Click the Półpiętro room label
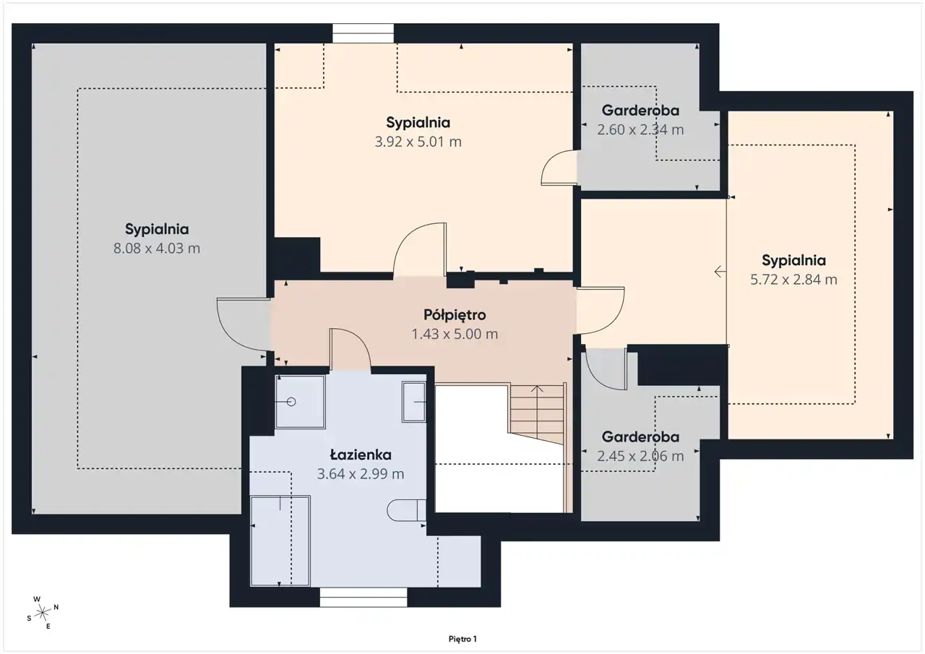[x=455, y=316]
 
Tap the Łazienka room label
[x=361, y=455]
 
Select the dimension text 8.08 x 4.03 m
[x=157, y=248]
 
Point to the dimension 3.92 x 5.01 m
[x=418, y=142]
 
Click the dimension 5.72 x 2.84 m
[x=793, y=280]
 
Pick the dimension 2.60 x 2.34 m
[x=640, y=129]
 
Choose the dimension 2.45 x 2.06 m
[x=640, y=456]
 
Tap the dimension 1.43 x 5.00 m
[x=455, y=334]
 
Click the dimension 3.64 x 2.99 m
[x=361, y=473]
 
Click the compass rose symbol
[x=42, y=613]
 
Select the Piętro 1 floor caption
[x=462, y=639]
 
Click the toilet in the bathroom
[x=406, y=510]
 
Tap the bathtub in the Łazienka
[x=280, y=541]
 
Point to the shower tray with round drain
[x=300, y=402]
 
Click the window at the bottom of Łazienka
[x=363, y=598]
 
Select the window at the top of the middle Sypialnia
[x=363, y=33]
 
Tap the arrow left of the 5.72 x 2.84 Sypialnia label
[x=720, y=272]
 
